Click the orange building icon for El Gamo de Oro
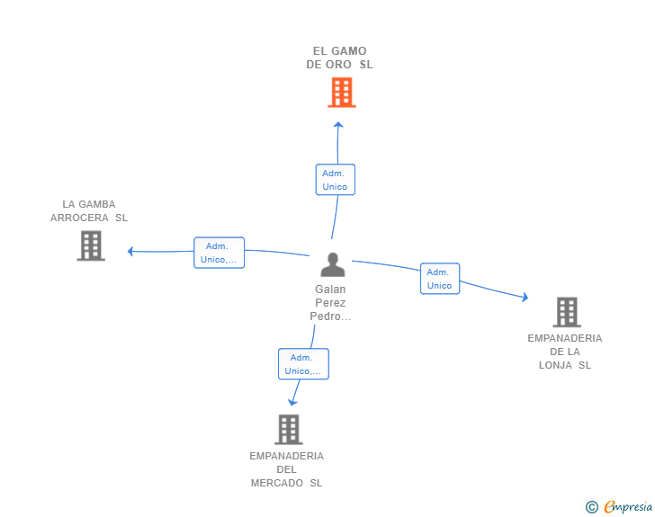[342, 93]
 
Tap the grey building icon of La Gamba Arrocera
[91, 245]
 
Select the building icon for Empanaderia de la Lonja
[567, 312]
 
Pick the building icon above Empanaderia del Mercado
[289, 429]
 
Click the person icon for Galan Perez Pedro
[333, 264]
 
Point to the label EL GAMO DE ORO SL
[339, 58]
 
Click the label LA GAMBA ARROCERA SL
[89, 211]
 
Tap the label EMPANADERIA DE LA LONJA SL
[565, 352]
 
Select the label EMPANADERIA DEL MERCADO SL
[286, 469]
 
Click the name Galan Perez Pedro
[330, 303]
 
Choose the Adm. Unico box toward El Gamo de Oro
[336, 180]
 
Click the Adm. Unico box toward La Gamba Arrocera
[219, 253]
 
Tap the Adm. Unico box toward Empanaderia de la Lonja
[440, 279]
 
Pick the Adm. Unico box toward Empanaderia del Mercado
[304, 364]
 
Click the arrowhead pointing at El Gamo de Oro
[338, 124]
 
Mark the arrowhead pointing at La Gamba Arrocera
[130, 251]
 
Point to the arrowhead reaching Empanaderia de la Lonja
[525, 297]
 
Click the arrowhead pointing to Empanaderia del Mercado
[292, 402]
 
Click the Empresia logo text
[628, 506]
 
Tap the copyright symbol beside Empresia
[591, 507]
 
